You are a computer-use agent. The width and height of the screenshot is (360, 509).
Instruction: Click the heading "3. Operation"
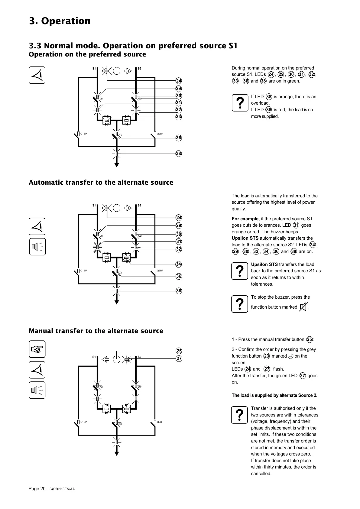click(60, 21)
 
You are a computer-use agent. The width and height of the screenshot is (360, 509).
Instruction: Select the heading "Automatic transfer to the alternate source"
click(101, 183)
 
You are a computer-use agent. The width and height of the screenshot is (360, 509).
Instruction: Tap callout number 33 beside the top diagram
click(179, 117)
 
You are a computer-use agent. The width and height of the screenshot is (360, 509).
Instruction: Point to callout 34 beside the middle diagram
click(179, 264)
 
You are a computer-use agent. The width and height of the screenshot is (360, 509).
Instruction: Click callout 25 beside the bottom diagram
click(179, 351)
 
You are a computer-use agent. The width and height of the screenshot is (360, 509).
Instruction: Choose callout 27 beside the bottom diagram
click(179, 358)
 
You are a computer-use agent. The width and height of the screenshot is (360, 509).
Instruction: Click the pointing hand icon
click(37, 349)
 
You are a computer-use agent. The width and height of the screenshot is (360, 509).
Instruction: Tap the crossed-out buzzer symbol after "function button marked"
click(303, 307)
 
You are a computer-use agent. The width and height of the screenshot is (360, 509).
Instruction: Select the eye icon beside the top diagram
click(37, 75)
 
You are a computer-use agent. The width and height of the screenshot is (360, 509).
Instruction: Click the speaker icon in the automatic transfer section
click(37, 247)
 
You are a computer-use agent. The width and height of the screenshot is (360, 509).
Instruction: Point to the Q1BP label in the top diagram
click(84, 134)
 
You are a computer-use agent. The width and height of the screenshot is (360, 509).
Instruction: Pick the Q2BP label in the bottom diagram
click(160, 422)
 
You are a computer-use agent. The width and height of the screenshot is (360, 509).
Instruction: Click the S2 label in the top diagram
click(139, 69)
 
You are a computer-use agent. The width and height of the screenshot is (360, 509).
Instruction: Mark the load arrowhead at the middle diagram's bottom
click(117, 302)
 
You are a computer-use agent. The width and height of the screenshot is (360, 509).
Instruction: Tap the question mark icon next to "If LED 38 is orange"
click(240, 103)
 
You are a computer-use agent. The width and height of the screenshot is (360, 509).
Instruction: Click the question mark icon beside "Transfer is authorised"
click(240, 415)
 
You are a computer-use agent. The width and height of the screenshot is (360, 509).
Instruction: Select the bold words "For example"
click(245, 219)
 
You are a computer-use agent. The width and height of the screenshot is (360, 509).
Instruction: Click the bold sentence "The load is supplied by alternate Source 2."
click(274, 395)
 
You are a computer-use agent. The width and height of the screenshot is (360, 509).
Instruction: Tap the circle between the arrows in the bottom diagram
click(117, 359)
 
